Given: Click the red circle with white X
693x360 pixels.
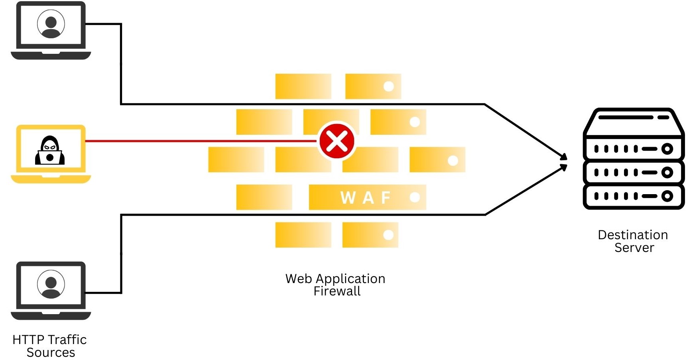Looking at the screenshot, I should pos(337,141).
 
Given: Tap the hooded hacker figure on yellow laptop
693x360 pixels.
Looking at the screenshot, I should pos(50,151).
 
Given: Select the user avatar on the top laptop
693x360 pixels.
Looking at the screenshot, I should pos(51,24).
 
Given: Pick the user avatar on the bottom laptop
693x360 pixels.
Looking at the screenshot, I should pos(51,284).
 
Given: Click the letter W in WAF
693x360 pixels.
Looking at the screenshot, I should pos(348,198).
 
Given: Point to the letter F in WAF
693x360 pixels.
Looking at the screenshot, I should pos(386,198).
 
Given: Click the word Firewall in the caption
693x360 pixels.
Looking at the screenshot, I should pos(337,291).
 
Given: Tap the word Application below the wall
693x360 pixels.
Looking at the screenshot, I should pos(350,279).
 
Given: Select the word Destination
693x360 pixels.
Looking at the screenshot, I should pos(633,235).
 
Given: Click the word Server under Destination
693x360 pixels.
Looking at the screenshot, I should pos(634,248).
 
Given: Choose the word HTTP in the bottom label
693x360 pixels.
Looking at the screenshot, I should pos(28,340).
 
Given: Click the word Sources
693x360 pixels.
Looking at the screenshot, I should pos(51,353).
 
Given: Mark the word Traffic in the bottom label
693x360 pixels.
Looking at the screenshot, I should pos(68,340).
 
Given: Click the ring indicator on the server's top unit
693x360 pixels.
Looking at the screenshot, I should pos(667,149).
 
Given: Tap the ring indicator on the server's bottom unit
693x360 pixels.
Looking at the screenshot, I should pos(667,196).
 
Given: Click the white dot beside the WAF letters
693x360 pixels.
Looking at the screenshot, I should pos(415,197).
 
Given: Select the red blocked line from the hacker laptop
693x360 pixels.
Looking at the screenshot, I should pos(199,141).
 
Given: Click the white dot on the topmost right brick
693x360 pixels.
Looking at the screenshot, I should pos(388,87).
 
